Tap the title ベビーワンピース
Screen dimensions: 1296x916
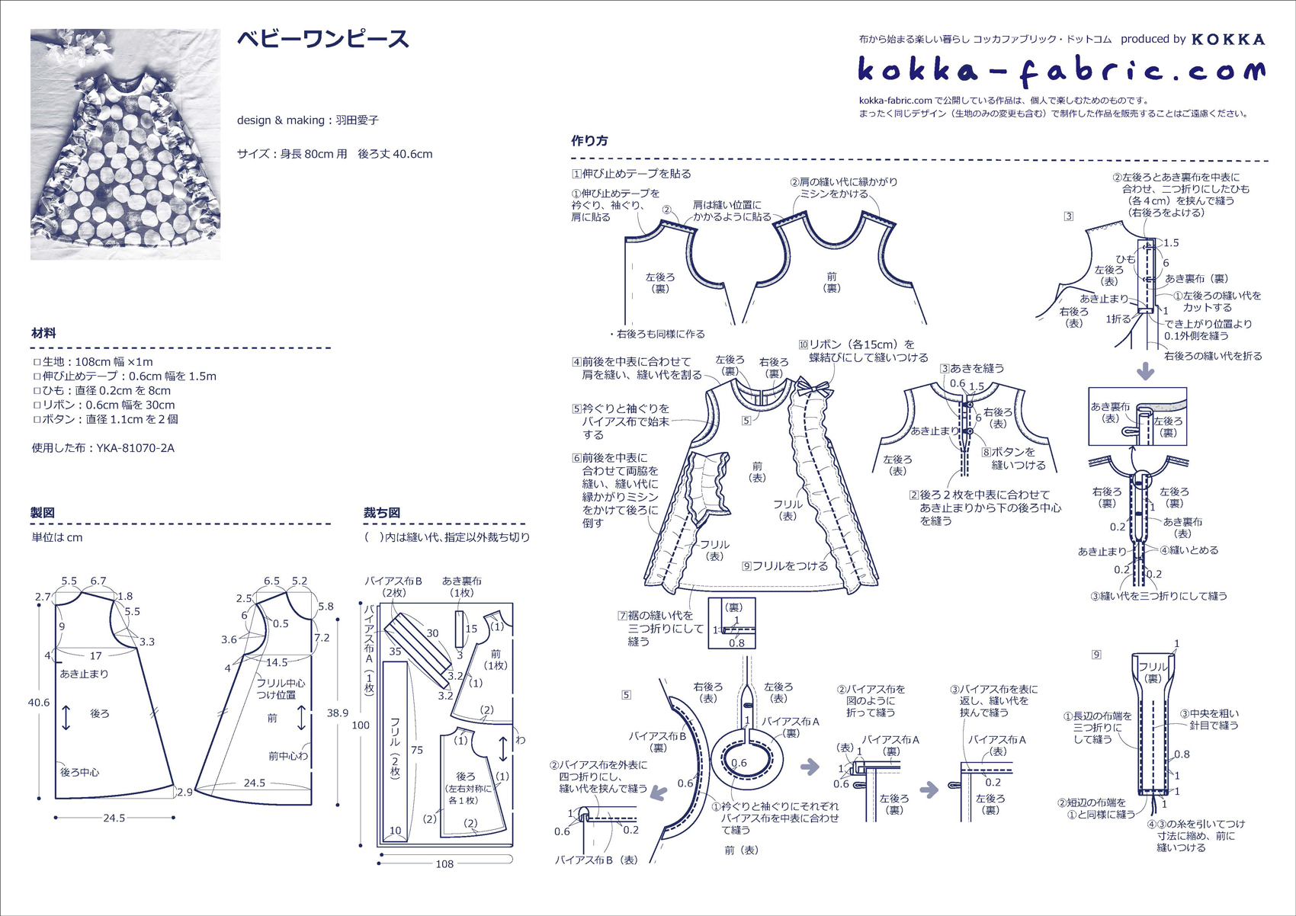click(322, 40)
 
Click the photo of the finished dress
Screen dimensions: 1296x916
click(125, 144)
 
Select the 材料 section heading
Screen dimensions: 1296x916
click(43, 333)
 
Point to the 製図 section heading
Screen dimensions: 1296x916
click(43, 512)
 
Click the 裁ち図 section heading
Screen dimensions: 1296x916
click(381, 512)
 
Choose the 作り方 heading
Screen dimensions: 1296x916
click(589, 140)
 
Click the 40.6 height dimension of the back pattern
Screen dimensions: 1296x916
click(39, 703)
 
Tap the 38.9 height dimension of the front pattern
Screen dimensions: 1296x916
click(337, 713)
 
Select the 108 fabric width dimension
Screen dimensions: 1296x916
click(444, 864)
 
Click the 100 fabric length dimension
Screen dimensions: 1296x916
click(361, 725)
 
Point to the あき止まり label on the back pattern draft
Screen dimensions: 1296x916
click(84, 674)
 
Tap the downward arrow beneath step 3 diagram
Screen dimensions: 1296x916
click(1146, 371)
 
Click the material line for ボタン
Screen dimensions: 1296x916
click(105, 419)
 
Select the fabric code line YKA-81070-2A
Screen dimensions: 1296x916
click(103, 448)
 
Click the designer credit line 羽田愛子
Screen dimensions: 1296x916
click(308, 120)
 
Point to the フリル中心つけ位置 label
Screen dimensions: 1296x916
click(281, 689)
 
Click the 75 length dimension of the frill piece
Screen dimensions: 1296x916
click(417, 750)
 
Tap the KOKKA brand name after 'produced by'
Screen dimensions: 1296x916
click(1228, 40)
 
